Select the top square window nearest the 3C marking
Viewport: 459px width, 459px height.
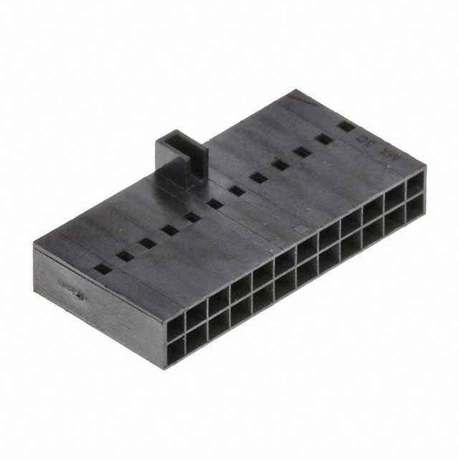(346, 128)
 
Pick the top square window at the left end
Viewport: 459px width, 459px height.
(103, 269)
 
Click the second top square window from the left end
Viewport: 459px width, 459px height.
(125, 255)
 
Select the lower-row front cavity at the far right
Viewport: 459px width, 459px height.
(415, 209)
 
